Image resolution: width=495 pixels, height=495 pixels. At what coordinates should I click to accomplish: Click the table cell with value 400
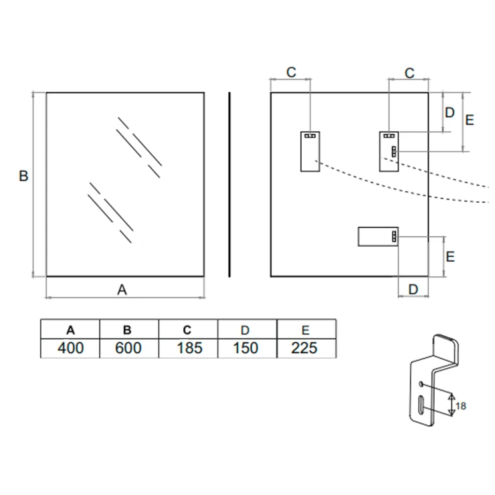(x=70, y=348)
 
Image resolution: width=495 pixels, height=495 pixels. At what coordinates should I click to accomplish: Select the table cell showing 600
(x=128, y=348)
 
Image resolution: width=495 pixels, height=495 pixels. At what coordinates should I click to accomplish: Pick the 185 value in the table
(x=188, y=348)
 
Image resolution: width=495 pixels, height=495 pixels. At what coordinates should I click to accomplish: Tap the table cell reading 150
(x=247, y=348)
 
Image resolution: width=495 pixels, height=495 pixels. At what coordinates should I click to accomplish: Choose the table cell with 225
(x=306, y=348)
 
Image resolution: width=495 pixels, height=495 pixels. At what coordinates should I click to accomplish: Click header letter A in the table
(x=70, y=330)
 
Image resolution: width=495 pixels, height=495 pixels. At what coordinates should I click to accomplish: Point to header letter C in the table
(x=188, y=330)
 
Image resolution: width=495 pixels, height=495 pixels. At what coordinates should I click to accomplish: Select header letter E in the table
(x=306, y=330)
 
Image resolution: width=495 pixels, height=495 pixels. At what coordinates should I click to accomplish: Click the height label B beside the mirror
(x=23, y=177)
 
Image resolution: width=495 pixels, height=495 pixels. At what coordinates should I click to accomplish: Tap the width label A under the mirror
(x=122, y=290)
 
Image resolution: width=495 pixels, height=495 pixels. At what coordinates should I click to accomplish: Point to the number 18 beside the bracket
(x=461, y=405)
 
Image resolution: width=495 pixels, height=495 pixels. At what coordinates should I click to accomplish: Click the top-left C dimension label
(x=292, y=73)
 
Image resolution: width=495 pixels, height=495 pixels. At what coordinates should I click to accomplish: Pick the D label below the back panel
(x=413, y=289)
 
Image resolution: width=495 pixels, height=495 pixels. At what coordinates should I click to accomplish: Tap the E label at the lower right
(x=450, y=256)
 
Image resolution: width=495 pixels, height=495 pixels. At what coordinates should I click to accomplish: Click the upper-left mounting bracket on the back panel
(x=310, y=151)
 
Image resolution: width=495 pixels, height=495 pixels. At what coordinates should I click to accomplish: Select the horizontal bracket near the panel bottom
(x=378, y=237)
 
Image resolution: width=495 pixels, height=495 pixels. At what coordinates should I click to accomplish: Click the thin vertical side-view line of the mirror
(x=229, y=184)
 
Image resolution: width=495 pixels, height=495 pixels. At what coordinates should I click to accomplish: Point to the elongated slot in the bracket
(x=419, y=406)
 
